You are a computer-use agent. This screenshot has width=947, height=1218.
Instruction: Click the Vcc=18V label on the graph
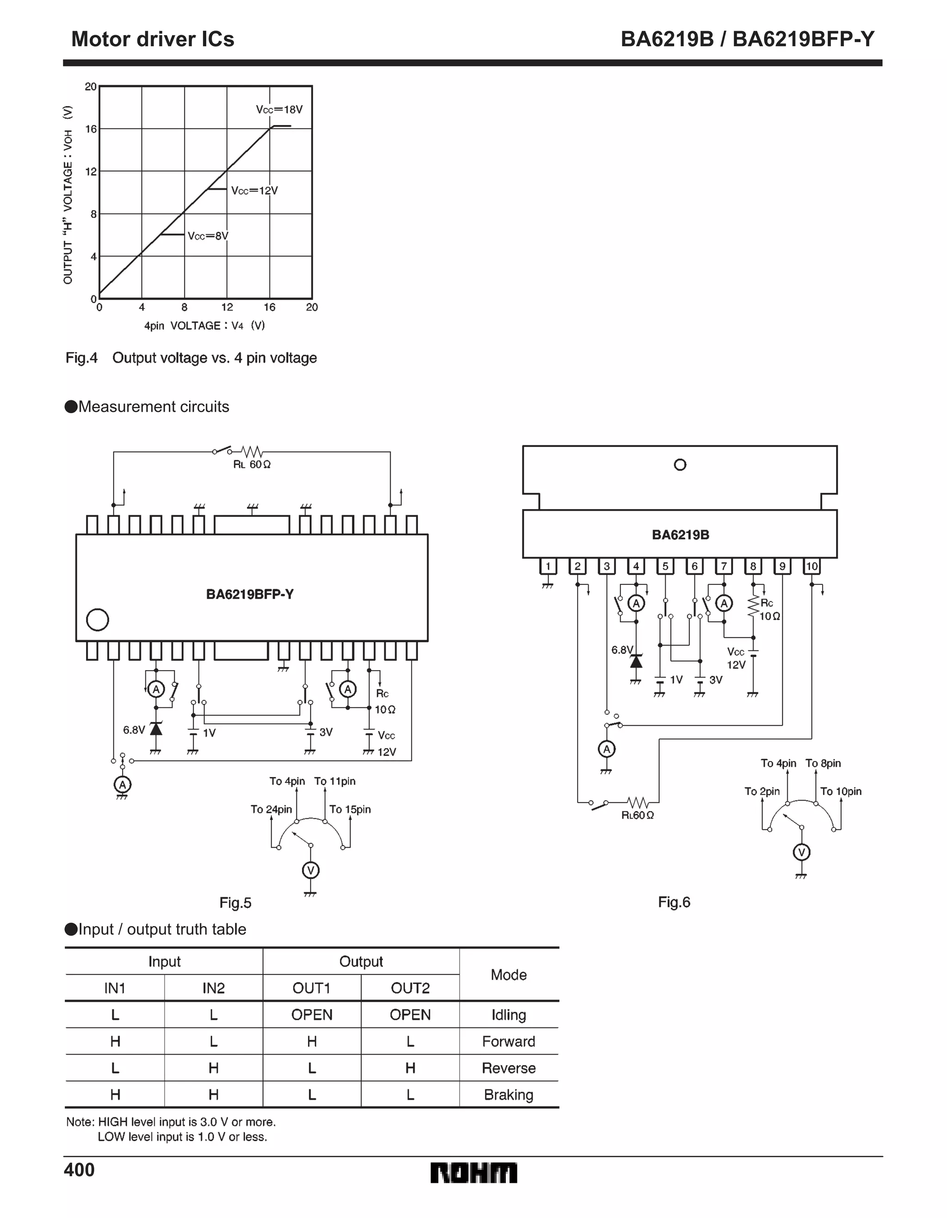279,109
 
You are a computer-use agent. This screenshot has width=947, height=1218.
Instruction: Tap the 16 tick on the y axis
91,129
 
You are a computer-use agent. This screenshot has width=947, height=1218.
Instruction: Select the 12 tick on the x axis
227,307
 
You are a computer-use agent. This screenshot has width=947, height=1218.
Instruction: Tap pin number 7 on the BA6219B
724,566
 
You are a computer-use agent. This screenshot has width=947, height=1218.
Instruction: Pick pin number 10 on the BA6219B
812,566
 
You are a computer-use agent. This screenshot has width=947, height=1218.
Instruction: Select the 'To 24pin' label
271,809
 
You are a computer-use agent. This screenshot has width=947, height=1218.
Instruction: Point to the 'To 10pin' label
841,791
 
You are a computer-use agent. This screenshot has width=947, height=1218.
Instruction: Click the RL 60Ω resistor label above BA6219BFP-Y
252,465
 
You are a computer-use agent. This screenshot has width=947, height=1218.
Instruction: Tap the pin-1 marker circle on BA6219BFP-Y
98,620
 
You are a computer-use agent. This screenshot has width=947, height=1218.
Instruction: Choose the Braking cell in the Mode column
508,1095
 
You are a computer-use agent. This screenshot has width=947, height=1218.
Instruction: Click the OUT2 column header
410,988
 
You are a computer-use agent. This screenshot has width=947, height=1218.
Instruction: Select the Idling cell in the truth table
508,1015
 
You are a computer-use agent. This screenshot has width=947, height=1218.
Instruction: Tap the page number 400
79,1170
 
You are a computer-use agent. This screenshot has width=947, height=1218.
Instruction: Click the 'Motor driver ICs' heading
153,39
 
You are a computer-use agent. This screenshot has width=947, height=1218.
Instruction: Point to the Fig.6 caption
674,902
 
